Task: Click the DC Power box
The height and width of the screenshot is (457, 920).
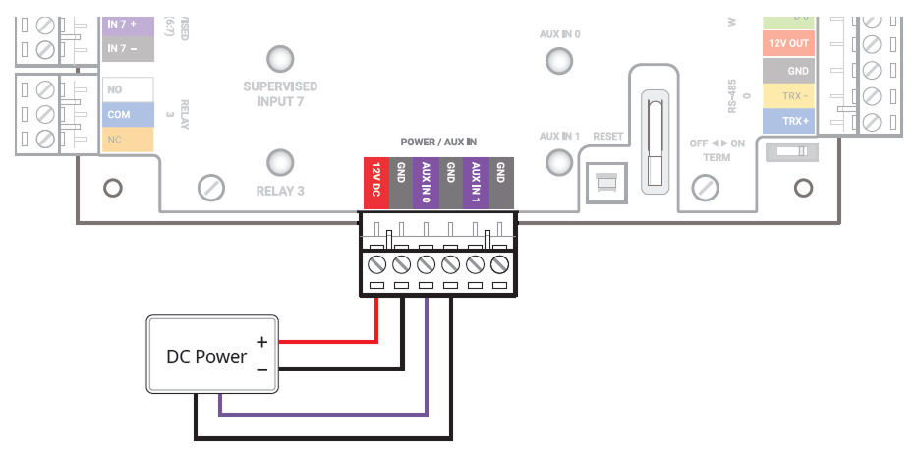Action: coord(212,355)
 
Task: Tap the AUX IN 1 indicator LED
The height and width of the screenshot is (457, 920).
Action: coord(559,162)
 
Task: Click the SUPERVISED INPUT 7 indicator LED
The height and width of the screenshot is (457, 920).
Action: coord(280,58)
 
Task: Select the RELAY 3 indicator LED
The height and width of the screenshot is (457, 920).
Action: coord(280,162)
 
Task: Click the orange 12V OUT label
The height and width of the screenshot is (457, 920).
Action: coord(788,44)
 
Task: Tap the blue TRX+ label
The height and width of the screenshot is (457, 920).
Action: coord(788,121)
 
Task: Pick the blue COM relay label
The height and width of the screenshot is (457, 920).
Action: coord(128,115)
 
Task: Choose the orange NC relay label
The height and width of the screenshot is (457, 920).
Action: coord(128,140)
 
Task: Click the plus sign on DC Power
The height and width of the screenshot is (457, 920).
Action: coord(261,341)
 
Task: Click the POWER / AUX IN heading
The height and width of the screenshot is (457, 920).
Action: coord(438,143)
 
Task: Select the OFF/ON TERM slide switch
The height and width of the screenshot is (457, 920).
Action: coord(792,152)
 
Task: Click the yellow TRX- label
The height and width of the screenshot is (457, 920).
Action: coord(788,96)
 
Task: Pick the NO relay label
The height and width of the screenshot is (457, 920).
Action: coord(128,90)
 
